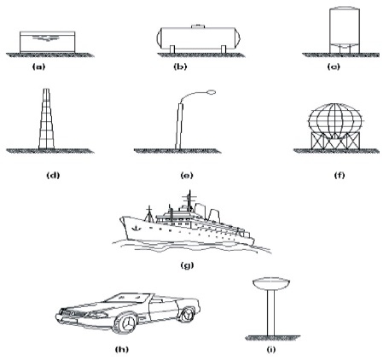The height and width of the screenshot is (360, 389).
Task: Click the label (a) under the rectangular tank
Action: (39, 67)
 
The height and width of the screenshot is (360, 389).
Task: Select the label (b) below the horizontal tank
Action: (180, 67)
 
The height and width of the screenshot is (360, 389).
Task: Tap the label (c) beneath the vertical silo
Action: (334, 67)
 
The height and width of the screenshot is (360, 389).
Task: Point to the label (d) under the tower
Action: (53, 175)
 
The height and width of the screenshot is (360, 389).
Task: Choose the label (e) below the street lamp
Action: (187, 176)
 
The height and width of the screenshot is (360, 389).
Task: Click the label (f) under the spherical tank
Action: (340, 175)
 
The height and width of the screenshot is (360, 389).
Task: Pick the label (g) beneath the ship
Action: (187, 265)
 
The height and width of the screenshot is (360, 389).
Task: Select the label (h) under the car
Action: (122, 349)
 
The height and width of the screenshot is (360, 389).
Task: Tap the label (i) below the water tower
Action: (271, 350)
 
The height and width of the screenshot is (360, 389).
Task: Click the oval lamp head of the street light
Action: (212, 92)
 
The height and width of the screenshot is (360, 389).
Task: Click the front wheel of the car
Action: (127, 323)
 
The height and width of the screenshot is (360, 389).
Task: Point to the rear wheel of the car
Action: (186, 314)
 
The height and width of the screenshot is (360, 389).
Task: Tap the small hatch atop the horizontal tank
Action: (198, 26)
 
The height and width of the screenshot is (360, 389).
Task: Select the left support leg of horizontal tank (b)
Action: (172, 49)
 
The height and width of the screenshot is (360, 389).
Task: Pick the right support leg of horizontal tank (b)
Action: (224, 49)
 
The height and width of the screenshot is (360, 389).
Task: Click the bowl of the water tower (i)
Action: (271, 284)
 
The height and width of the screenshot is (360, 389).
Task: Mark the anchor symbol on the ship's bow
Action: (136, 228)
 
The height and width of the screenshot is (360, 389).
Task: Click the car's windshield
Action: (127, 298)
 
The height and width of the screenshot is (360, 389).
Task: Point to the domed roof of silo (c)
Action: (345, 8)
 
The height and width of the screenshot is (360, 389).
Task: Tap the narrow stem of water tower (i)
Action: (271, 313)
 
